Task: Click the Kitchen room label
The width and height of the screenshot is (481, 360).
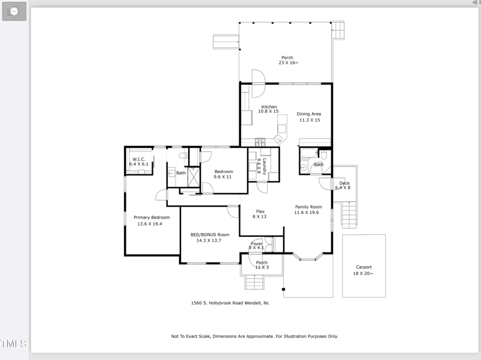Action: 269,107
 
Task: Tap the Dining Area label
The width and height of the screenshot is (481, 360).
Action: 308,114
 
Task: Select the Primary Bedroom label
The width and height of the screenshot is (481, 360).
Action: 152,218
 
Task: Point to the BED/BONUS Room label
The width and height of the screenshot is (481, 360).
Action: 210,234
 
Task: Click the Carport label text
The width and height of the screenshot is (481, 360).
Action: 364,267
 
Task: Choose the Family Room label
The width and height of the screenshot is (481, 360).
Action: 308,207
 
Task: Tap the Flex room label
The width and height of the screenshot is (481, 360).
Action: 260,212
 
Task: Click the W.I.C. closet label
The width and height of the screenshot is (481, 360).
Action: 139,159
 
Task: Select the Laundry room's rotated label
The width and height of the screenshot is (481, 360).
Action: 264,166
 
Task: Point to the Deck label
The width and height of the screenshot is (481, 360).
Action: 345,183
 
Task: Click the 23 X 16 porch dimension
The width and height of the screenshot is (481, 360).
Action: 289,63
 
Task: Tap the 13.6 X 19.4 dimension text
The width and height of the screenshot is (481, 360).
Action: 150,224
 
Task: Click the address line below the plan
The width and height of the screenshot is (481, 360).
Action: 230,303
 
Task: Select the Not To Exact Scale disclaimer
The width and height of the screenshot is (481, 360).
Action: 254,337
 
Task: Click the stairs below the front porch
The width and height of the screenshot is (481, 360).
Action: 254,282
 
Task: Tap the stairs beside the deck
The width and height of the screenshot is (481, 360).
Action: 349,215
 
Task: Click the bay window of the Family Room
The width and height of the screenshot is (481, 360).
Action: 308,258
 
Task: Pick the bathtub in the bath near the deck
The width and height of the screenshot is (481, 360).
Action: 309,153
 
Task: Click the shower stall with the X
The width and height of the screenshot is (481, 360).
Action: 194,177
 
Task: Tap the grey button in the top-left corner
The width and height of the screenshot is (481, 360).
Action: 14,11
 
